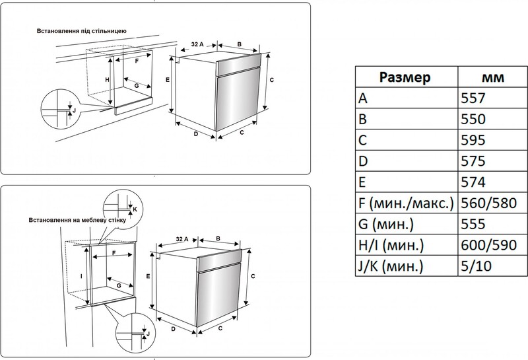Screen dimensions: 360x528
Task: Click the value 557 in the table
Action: point(474,98)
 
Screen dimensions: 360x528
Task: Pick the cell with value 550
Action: point(474,120)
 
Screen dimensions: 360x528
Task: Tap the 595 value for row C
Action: point(474,141)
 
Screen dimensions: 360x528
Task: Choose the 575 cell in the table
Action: point(474,161)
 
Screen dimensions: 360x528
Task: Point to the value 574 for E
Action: point(474,182)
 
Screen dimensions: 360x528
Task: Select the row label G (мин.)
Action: point(389,224)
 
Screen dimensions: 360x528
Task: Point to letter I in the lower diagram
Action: point(81,277)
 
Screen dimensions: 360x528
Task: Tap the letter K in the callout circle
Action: point(135,209)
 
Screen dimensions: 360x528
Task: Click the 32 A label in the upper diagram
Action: point(196,44)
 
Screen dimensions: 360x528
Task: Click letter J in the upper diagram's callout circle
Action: point(74,109)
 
